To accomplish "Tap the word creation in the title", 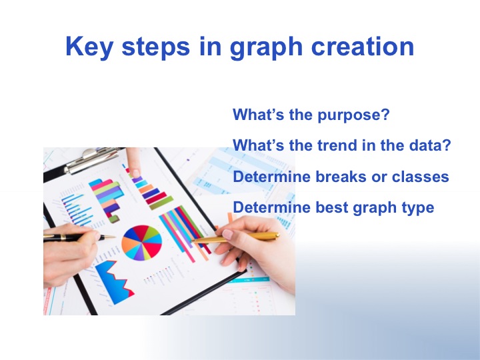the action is pyautogui.click(x=363, y=46).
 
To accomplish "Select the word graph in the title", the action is pyautogui.click(x=266, y=47).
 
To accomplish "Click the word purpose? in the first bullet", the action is pyautogui.click(x=353, y=115).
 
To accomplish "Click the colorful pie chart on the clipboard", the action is pyautogui.click(x=142, y=243).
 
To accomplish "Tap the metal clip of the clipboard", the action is pyautogui.click(x=92, y=160).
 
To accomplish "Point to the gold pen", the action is pyautogui.click(x=235, y=238).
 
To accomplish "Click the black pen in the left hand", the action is pyautogui.click(x=79, y=237).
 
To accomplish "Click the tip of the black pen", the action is pyautogui.click(x=115, y=237).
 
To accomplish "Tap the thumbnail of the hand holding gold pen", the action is pyautogui.click(x=227, y=234).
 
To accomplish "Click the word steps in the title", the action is pyautogui.click(x=156, y=47).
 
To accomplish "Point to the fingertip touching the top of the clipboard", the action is pyautogui.click(x=135, y=173).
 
